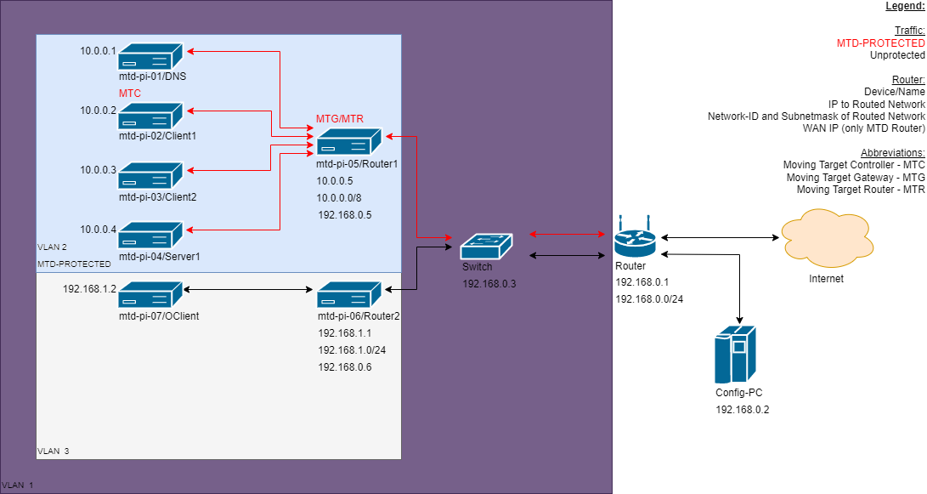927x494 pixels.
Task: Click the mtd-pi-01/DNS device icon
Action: click(x=150, y=57)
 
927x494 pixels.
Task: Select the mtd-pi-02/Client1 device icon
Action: click(x=150, y=116)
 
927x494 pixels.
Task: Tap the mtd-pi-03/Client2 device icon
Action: click(x=150, y=176)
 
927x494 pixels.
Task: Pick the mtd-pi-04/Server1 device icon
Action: click(x=150, y=236)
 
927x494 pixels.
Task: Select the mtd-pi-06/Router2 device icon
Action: click(x=349, y=295)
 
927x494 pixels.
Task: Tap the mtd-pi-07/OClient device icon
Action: click(x=150, y=295)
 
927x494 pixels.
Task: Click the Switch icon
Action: click(x=487, y=247)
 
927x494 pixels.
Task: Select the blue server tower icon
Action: click(x=734, y=355)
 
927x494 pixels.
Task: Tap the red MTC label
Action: click(x=130, y=93)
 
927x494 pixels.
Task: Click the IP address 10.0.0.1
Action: click(x=98, y=51)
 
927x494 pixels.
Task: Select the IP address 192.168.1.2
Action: click(x=89, y=289)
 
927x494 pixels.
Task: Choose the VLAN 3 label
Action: click(x=54, y=451)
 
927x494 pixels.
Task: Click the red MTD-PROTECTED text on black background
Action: click(x=880, y=43)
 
